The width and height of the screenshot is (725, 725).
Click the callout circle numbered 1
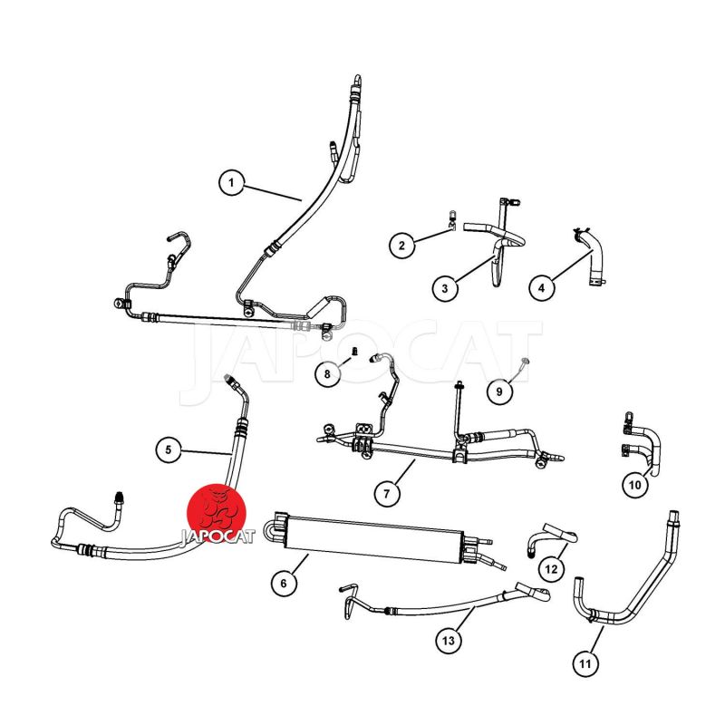tap(231, 183)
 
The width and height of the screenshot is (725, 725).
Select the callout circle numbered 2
tap(401, 245)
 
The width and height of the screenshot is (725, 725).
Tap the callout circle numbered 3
tap(445, 288)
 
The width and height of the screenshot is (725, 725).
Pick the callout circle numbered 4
tap(541, 288)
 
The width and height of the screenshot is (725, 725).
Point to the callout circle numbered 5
tap(169, 449)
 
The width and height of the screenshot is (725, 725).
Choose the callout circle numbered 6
tap(284, 584)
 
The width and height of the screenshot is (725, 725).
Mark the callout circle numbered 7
tap(387, 493)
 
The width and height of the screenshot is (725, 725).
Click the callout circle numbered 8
tap(327, 373)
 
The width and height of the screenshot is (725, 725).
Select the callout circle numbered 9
tap(499, 391)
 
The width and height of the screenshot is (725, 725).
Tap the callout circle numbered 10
tap(635, 485)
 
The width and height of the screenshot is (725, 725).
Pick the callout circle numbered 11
tap(585, 664)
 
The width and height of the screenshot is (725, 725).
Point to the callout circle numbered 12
tap(551, 569)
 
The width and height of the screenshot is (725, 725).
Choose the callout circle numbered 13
tap(449, 641)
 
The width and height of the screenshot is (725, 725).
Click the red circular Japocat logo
tap(217, 513)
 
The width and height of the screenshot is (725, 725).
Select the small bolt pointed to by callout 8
tap(355, 352)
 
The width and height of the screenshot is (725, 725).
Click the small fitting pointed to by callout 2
tap(452, 220)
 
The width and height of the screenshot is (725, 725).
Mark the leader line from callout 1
tap(273, 193)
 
